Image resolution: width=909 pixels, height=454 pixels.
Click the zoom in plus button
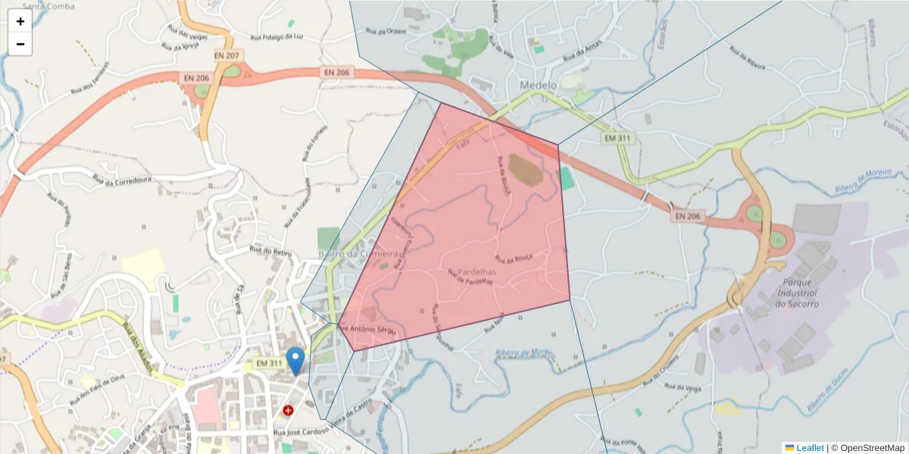[x=20, y=21]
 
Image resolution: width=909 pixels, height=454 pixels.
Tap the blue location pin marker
[x=295, y=360]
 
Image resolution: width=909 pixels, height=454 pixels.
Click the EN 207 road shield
[x=226, y=55]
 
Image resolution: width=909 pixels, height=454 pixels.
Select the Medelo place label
[x=539, y=85]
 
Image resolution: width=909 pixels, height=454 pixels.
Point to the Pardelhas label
[x=476, y=271]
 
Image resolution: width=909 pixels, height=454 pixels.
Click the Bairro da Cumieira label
[x=358, y=253]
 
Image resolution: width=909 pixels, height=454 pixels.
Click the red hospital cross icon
[x=288, y=410]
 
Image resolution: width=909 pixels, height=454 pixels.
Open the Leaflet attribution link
[x=810, y=448]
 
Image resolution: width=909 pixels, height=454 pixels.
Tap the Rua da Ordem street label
[x=382, y=31]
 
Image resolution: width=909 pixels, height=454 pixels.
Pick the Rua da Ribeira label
[x=746, y=58]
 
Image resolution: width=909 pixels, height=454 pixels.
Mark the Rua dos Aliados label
[x=137, y=347]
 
